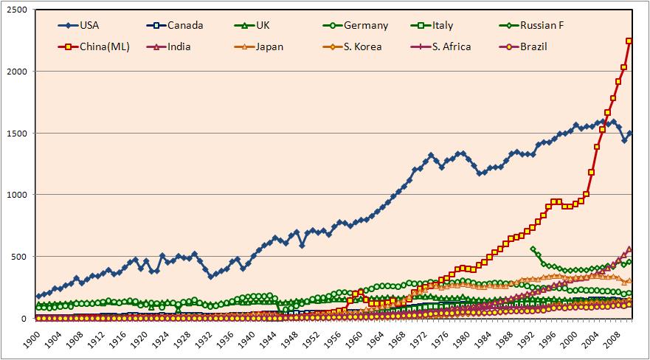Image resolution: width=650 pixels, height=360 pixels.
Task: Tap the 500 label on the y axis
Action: [x=20, y=256]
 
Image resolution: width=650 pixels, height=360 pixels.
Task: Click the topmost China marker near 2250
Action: [x=629, y=41]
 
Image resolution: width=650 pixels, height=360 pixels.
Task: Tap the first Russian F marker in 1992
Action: [x=533, y=249]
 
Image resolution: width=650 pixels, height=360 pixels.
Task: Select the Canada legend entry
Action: [x=175, y=25]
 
